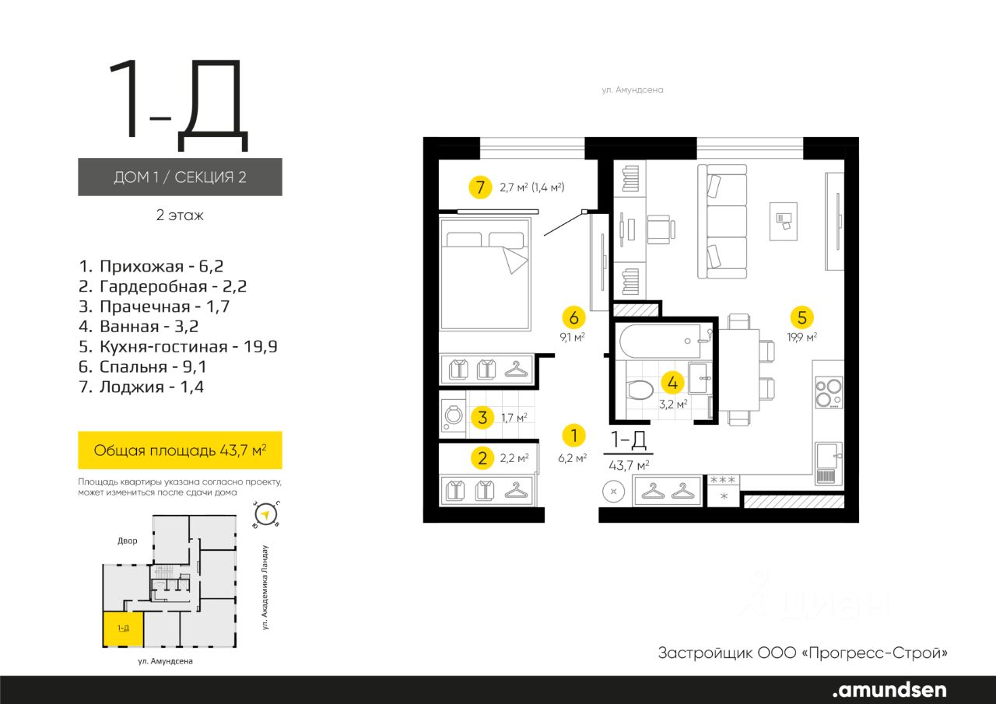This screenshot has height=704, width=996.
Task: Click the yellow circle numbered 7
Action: pyautogui.click(x=480, y=187)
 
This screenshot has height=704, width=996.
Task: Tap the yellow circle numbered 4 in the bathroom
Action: pyautogui.click(x=673, y=383)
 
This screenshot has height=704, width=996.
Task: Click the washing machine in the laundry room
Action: pyautogui.click(x=453, y=416)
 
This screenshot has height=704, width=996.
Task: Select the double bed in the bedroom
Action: pyautogui.click(x=485, y=274)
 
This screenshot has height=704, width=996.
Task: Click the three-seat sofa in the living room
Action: pyautogui.click(x=722, y=222)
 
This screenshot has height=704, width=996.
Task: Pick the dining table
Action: pyautogui.click(x=738, y=370)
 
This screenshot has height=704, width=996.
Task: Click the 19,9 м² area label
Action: pyautogui.click(x=801, y=338)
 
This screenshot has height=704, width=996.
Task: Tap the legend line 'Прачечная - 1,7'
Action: pyautogui.click(x=154, y=306)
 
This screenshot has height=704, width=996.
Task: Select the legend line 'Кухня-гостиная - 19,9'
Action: pyautogui.click(x=178, y=346)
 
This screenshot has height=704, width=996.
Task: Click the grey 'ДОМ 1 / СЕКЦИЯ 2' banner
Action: pyautogui.click(x=180, y=177)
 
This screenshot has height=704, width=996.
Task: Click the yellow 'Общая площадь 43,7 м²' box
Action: pyautogui.click(x=180, y=450)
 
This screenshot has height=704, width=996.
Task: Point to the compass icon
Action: pyautogui.click(x=266, y=515)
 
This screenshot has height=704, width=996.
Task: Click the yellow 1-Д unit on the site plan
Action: pyautogui.click(x=123, y=629)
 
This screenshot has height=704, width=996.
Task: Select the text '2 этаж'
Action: pyautogui.click(x=180, y=215)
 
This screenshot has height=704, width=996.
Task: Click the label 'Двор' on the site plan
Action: pyautogui.click(x=128, y=541)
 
